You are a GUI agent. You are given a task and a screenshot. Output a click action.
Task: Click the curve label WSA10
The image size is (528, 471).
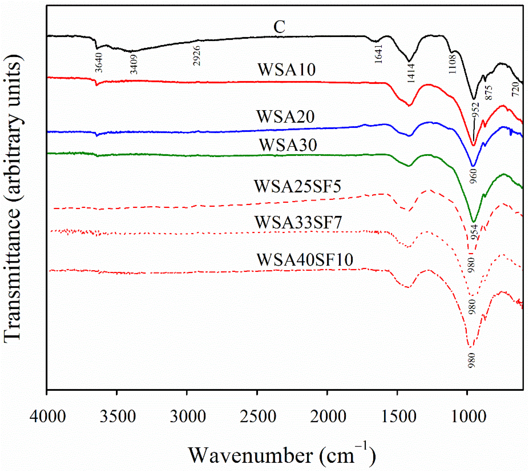287,70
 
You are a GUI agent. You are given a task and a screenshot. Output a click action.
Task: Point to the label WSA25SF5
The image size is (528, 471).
298,186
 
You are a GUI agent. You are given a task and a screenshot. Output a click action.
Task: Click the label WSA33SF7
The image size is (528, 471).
298,222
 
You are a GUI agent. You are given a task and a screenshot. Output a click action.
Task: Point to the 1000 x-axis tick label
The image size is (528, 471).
468,417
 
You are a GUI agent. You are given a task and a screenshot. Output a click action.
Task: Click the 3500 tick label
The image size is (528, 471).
118,417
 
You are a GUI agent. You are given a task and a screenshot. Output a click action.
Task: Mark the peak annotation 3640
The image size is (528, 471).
99,63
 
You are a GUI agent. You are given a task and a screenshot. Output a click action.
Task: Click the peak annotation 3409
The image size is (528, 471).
134,64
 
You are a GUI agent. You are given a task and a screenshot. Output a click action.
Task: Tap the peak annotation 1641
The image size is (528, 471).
378,54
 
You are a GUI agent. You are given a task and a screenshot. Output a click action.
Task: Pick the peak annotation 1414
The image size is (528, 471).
411,73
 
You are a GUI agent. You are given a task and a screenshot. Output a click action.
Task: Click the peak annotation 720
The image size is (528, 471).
516,89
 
